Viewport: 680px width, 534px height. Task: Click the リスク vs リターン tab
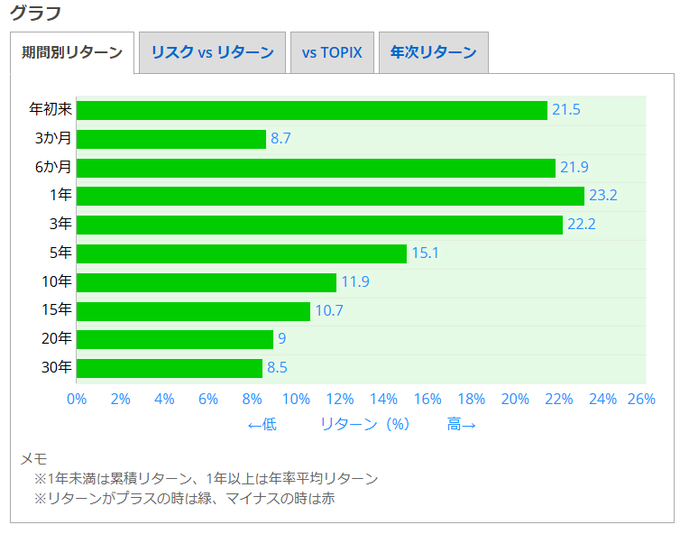click(x=212, y=52)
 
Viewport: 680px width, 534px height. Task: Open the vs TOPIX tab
click(x=332, y=52)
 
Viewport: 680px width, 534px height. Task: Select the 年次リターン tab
click(x=433, y=52)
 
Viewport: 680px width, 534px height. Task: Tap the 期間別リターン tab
click(x=72, y=52)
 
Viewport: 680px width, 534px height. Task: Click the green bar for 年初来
click(x=312, y=110)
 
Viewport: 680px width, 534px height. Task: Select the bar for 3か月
click(x=171, y=139)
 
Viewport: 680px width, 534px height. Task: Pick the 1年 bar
click(x=330, y=196)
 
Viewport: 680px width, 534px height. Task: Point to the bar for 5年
click(x=242, y=253)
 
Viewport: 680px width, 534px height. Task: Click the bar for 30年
click(x=170, y=368)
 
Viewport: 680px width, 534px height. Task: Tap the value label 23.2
click(x=602, y=196)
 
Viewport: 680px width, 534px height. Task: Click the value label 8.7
click(x=280, y=139)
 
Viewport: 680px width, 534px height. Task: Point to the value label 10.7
click(x=329, y=311)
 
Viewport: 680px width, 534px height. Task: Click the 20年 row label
click(x=57, y=339)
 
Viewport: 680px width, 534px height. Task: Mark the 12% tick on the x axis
click(x=340, y=399)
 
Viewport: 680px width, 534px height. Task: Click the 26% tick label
click(x=641, y=399)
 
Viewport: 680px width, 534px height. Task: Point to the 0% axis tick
click(x=77, y=399)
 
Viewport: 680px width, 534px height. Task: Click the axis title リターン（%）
click(x=365, y=424)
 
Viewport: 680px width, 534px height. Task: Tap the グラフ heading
click(x=36, y=14)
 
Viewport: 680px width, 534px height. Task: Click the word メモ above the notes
click(x=33, y=459)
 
